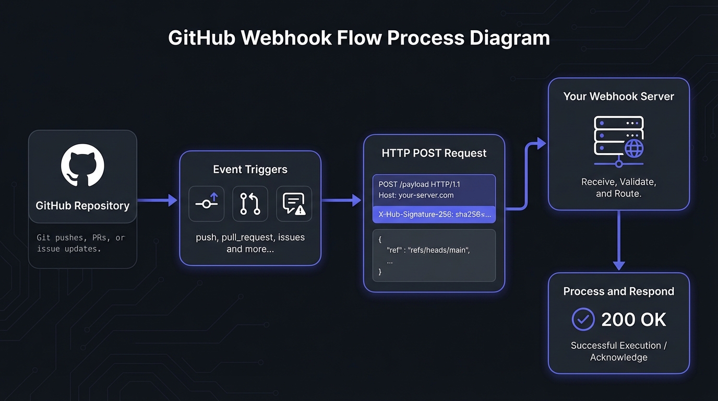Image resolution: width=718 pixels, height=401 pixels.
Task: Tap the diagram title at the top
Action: (x=359, y=39)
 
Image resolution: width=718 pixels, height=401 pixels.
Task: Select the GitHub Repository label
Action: (x=82, y=206)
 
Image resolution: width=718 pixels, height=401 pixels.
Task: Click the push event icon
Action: (x=207, y=204)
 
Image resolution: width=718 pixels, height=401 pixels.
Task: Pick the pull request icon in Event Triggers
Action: (x=250, y=204)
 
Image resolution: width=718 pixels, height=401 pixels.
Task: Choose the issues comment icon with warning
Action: (x=294, y=204)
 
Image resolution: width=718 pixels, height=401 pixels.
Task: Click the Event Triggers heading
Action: (x=250, y=170)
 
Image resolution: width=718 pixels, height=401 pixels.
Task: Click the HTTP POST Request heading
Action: (x=434, y=154)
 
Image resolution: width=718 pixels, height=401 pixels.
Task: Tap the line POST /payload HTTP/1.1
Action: (x=420, y=184)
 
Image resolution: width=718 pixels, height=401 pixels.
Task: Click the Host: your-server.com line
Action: (x=416, y=195)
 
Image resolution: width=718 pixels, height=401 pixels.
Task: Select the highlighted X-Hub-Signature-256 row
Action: (x=434, y=214)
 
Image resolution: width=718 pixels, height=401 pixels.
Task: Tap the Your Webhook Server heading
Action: (x=618, y=97)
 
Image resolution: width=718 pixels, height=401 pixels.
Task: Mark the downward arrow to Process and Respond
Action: (x=619, y=240)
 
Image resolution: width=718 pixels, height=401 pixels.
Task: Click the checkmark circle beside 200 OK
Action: (x=583, y=320)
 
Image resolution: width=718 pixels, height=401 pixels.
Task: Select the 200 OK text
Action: (x=633, y=320)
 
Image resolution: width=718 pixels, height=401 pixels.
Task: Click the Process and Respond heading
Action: (x=618, y=292)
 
